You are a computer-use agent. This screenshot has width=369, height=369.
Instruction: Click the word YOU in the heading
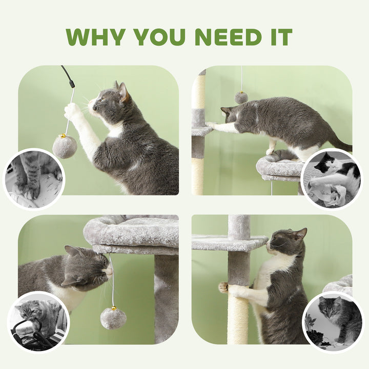[x=159, y=37]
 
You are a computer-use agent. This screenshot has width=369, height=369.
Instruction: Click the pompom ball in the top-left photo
[x=65, y=146]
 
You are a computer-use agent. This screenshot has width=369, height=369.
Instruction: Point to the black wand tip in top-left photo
[x=68, y=76]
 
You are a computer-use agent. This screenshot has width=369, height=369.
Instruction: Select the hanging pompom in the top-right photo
[x=241, y=97]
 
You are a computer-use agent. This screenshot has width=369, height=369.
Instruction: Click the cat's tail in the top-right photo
[x=341, y=143]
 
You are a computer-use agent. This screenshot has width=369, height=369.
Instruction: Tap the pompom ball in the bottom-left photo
[x=113, y=318]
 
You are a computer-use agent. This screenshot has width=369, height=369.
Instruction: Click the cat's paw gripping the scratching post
[x=224, y=288]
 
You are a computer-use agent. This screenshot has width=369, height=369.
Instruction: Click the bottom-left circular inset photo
[x=38, y=322]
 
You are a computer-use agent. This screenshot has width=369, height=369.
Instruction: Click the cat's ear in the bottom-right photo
[x=300, y=234]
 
